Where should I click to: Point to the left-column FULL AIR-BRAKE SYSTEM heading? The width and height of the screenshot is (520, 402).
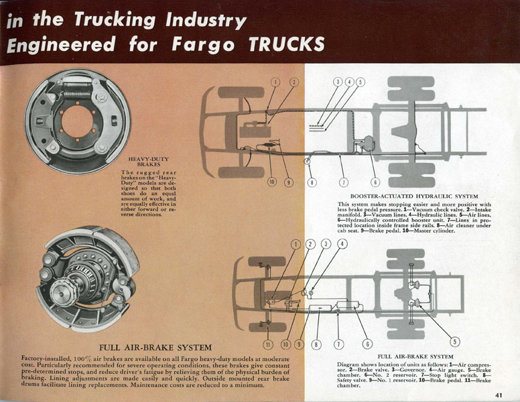tap(155, 348)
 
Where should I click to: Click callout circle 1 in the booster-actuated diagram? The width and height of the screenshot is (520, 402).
tap(274, 82)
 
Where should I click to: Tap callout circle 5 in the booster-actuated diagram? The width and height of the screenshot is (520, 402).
tap(360, 82)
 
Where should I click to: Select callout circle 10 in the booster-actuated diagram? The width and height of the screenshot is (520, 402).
tap(273, 182)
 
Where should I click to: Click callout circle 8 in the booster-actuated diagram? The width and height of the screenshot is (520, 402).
tap(312, 182)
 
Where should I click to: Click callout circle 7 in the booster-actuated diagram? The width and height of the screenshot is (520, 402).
tap(344, 182)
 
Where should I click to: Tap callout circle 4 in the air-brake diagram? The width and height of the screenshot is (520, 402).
tap(342, 245)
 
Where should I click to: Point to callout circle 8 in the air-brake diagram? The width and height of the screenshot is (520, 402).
tap(317, 345)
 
